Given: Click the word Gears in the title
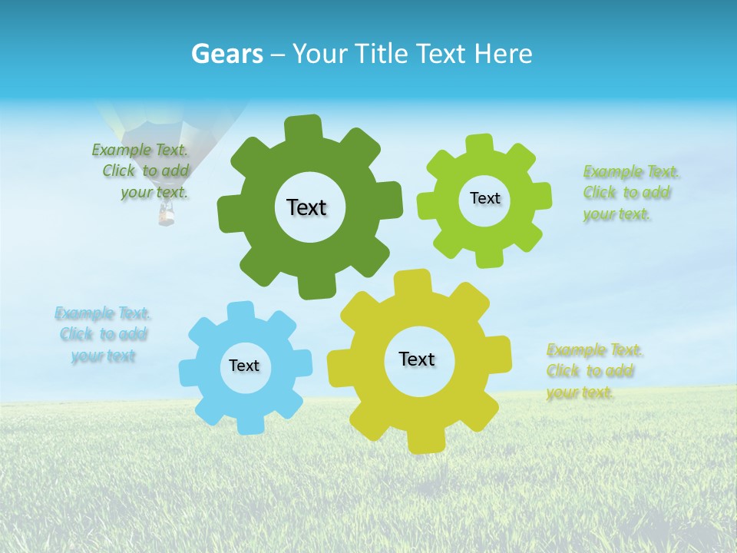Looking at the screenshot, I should coord(227,54).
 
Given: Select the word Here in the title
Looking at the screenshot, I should coord(503,54).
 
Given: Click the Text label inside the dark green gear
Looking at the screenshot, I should coord(306,207).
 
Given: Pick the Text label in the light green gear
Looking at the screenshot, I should coord(484,198).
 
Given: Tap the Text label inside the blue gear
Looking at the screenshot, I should coord(244,366).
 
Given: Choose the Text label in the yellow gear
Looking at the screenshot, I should coord(417,359).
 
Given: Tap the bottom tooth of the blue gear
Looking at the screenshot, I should coord(250,424).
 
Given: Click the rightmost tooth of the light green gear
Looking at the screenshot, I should coord(540,196).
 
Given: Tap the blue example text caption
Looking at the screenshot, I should coord(103,334).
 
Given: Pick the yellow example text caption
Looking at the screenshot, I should coord(591,371).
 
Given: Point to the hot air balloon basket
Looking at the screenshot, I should coord(167,217).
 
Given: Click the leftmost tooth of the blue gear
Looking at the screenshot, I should coord(189,372).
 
